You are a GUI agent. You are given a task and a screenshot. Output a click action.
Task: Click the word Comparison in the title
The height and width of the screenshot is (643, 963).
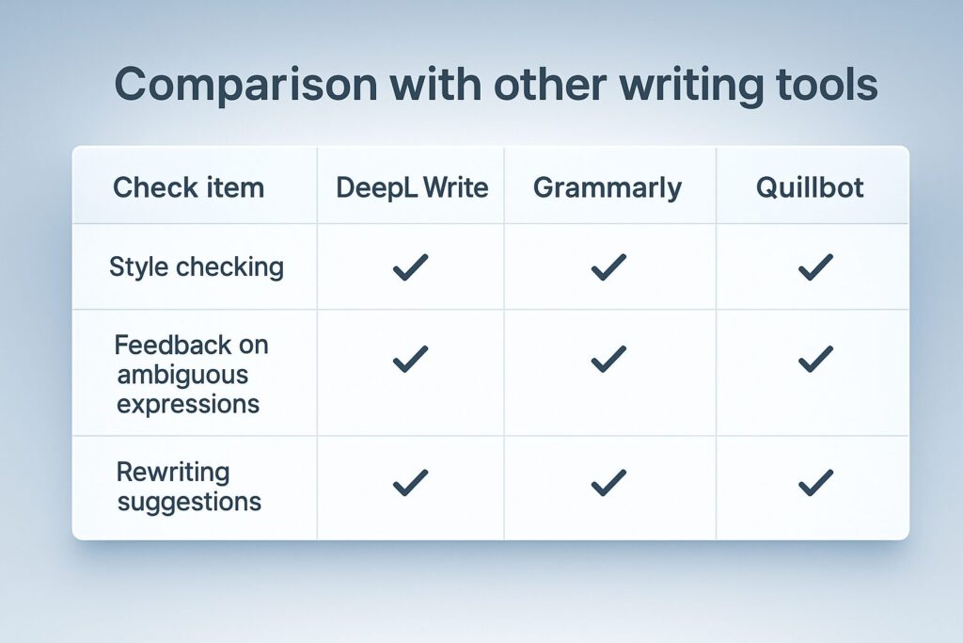pos(245,86)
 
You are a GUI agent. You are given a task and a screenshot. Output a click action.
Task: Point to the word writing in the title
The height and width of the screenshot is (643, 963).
pos(691,86)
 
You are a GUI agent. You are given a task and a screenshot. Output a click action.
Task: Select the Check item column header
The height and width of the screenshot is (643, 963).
pos(188,187)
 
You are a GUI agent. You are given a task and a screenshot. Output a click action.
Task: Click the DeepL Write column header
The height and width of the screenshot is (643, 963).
pos(412,187)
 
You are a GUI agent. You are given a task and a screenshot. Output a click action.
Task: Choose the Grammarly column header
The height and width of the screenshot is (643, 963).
pos(608,188)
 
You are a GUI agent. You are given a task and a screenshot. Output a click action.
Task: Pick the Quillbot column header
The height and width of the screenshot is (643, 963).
pos(810,187)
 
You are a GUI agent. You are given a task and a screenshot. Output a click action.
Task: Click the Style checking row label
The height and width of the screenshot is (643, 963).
pos(197,267)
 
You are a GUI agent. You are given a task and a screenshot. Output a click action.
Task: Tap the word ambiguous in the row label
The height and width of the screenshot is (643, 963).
pos(182,375)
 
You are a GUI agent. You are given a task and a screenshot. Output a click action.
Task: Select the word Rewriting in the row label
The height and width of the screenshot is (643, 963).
pos(173,473)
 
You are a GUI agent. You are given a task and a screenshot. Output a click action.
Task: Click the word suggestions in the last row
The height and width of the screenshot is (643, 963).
pos(189,502)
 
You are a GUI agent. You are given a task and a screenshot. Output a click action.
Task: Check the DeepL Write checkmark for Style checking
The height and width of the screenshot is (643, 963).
pos(410,267)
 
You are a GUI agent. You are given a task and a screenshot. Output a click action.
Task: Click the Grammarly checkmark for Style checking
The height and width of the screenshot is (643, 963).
pos(608,267)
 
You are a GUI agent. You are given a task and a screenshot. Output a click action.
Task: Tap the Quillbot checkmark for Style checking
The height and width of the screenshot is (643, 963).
pos(815,267)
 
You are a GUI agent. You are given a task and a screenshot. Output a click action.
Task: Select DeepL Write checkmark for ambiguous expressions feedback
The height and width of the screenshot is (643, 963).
pos(410,359)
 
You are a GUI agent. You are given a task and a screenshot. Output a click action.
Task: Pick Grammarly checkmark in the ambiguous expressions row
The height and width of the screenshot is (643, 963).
pos(608,359)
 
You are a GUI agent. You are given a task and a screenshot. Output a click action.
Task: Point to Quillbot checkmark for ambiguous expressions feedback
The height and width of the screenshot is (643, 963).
pos(815,359)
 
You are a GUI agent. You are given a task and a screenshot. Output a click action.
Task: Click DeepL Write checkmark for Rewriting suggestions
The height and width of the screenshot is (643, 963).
pos(410,483)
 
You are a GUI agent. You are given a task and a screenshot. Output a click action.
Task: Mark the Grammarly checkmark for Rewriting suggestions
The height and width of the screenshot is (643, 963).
pos(608,483)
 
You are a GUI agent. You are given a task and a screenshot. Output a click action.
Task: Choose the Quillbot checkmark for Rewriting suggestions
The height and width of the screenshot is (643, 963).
pos(815,483)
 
